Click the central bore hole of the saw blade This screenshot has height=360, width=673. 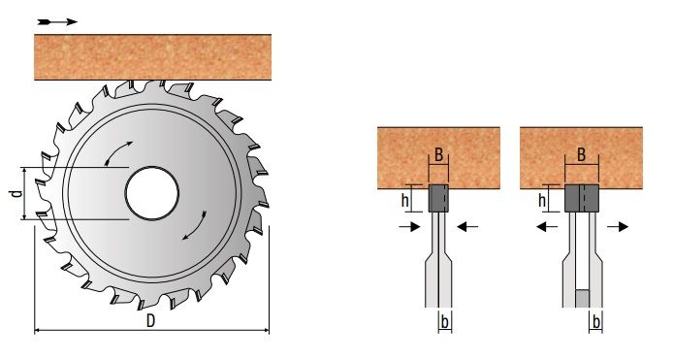click(x=152, y=193)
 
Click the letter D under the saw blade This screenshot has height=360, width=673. click(x=150, y=321)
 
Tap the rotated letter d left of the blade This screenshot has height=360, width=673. click(x=16, y=193)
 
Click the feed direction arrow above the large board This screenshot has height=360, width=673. click(x=57, y=22)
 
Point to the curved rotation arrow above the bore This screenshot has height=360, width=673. click(x=117, y=152)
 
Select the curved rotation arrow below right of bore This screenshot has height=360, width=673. click(x=195, y=226)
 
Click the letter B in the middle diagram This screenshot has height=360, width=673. click(x=438, y=154)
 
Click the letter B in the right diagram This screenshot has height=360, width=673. click(x=581, y=154)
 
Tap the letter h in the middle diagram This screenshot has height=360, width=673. click(x=404, y=200)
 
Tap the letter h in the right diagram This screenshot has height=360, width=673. click(x=542, y=200)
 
